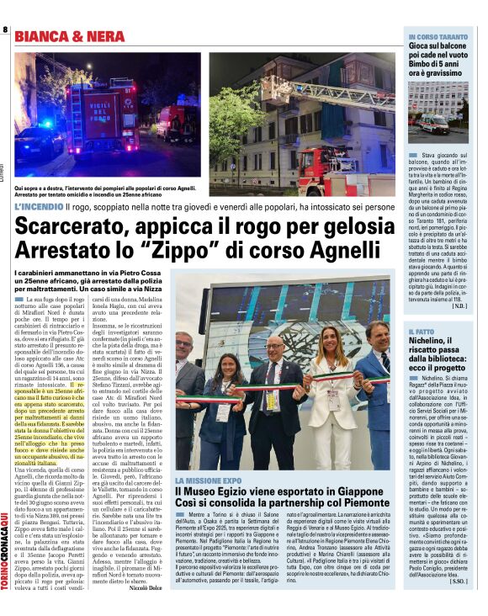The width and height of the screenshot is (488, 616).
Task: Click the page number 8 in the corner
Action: coord(6,29)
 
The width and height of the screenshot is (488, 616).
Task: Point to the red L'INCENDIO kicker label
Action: coord(39,205)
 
